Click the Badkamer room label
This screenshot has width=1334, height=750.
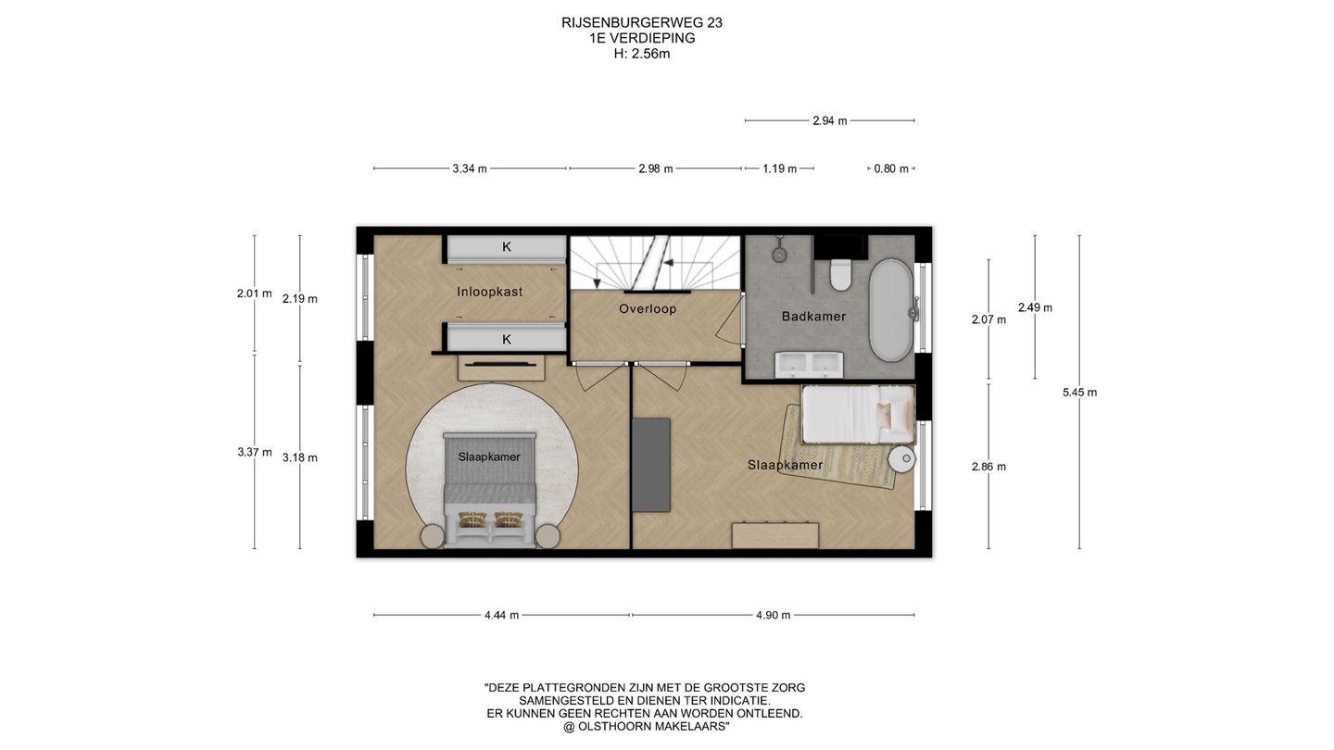pyautogui.click(x=813, y=317)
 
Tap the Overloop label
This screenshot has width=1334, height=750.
pyautogui.click(x=648, y=309)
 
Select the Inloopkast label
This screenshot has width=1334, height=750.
pyautogui.click(x=489, y=292)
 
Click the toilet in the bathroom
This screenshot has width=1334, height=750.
pyautogui.click(x=840, y=274)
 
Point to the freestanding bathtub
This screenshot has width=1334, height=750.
pyautogui.click(x=890, y=309)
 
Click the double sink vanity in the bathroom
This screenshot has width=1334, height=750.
pyautogui.click(x=809, y=364)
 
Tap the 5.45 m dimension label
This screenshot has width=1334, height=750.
pyautogui.click(x=1080, y=393)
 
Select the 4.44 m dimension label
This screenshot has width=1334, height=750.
pyautogui.click(x=501, y=616)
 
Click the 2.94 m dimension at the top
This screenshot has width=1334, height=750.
pyautogui.click(x=830, y=120)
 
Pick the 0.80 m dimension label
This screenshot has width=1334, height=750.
pyautogui.click(x=891, y=169)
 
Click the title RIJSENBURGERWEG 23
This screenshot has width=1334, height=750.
pyautogui.click(x=642, y=22)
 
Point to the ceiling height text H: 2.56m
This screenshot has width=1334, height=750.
pyautogui.click(x=642, y=54)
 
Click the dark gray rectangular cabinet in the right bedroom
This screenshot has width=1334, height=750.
pyautogui.click(x=651, y=465)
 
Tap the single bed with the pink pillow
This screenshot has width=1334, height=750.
pyautogui.click(x=858, y=415)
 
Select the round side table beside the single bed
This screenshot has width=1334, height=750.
pyautogui.click(x=901, y=458)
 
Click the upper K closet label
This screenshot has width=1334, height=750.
pyautogui.click(x=506, y=246)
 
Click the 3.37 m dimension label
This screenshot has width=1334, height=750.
pyautogui.click(x=254, y=453)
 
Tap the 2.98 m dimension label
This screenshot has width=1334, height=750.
pyautogui.click(x=656, y=169)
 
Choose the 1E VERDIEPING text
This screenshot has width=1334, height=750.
pyautogui.click(x=642, y=38)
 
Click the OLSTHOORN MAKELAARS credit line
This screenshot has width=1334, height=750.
pyautogui.click(x=647, y=727)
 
